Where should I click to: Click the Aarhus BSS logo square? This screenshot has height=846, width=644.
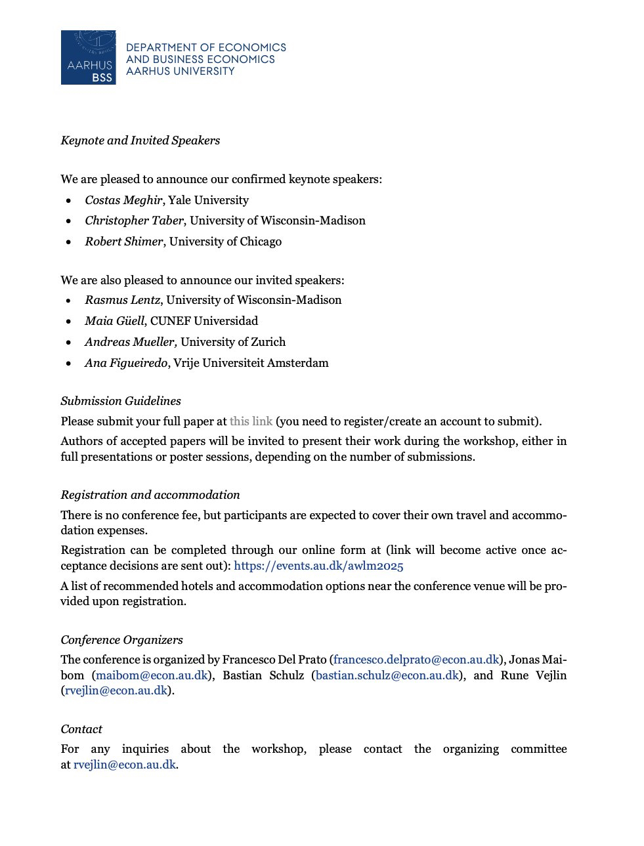point(88,57)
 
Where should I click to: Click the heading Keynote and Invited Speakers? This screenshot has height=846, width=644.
point(140,140)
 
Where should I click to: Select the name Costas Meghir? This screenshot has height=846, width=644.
point(123,200)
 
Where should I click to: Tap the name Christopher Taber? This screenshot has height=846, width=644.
point(134,221)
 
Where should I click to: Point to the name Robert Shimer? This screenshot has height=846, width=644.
point(123,242)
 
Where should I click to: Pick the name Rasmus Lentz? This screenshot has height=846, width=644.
point(122,300)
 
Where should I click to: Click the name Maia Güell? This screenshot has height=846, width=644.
point(114,321)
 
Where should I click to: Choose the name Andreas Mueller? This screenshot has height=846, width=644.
point(131,342)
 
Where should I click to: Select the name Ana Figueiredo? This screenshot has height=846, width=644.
point(125,363)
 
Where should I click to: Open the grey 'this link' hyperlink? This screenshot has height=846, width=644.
point(251,421)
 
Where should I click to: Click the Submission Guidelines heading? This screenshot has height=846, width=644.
point(121,401)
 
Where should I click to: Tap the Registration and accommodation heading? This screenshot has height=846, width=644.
point(150,495)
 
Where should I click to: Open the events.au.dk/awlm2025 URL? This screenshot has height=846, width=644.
point(318,566)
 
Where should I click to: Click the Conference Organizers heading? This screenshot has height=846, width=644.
point(121,640)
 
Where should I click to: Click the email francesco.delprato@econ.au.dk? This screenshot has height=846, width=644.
point(416,660)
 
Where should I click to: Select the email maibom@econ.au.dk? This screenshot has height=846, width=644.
point(152,675)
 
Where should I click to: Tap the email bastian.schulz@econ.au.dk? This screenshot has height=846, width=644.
point(387,675)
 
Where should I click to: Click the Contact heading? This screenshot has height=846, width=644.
point(81,729)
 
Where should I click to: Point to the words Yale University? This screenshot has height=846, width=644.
point(208,200)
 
